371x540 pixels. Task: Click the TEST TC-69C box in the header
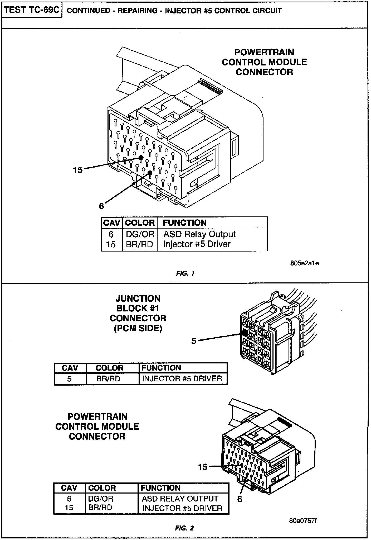click(x=32, y=10)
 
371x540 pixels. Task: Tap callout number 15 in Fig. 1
click(x=78, y=170)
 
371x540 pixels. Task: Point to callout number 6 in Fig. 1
click(x=101, y=206)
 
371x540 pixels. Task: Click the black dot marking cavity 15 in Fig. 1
click(x=141, y=158)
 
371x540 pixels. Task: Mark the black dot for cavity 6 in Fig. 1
click(x=150, y=173)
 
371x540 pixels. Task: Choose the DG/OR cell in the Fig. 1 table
click(x=140, y=234)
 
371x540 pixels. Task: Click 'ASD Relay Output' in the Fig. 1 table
click(x=199, y=234)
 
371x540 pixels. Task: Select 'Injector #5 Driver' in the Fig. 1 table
click(x=197, y=244)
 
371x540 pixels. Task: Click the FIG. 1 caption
click(x=185, y=273)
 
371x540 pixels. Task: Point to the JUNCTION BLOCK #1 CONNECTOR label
click(x=138, y=313)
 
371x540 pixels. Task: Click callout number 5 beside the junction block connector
click(x=194, y=341)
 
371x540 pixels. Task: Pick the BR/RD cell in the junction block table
click(x=108, y=379)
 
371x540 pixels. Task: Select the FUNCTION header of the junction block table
click(x=161, y=368)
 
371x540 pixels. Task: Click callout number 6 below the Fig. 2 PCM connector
click(x=240, y=499)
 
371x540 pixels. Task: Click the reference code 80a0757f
click(x=302, y=521)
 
